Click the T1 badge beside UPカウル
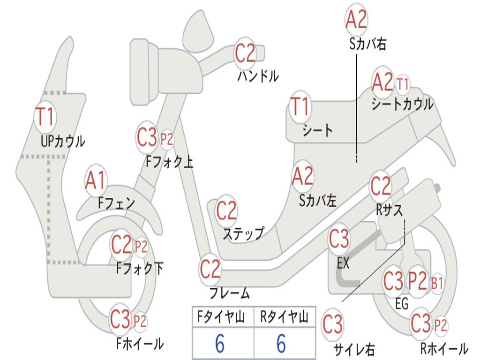45,117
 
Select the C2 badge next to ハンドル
245,53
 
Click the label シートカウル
402,105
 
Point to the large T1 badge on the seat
300,107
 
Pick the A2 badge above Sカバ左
302,176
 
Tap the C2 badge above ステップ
226,211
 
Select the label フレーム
229,294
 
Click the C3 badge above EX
339,239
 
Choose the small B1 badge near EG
437,283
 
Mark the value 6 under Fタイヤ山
220,344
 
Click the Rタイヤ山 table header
284,318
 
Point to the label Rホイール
443,349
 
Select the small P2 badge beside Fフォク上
167,139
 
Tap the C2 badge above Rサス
381,187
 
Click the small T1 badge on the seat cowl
403,85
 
